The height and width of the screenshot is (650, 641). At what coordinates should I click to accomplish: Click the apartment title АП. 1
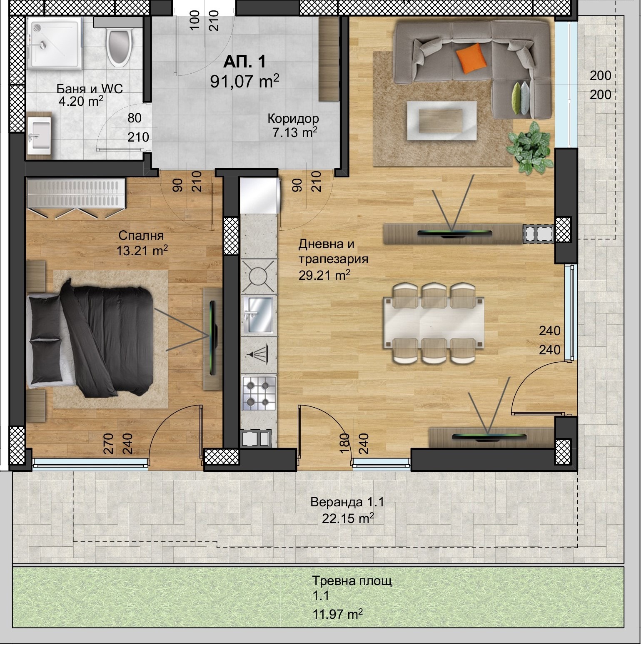tap(244, 62)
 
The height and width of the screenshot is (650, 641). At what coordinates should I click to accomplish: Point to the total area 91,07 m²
tap(244, 81)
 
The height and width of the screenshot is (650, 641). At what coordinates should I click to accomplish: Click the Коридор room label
tap(293, 119)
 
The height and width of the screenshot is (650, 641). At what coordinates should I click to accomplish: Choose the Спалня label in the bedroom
tap(141, 236)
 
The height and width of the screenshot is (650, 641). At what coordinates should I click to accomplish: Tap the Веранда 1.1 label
tap(347, 502)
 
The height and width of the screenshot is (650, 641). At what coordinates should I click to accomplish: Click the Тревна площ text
tap(352, 580)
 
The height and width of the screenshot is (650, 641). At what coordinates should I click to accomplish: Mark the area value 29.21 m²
tap(324, 275)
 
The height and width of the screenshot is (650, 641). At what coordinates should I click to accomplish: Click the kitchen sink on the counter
tap(258, 315)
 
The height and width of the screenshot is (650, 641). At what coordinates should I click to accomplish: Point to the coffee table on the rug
tap(441, 120)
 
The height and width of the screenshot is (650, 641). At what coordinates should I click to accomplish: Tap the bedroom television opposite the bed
tap(214, 338)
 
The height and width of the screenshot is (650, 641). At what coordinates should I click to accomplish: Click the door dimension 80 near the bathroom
tap(135, 118)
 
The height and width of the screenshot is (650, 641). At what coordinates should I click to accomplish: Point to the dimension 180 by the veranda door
tap(344, 444)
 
